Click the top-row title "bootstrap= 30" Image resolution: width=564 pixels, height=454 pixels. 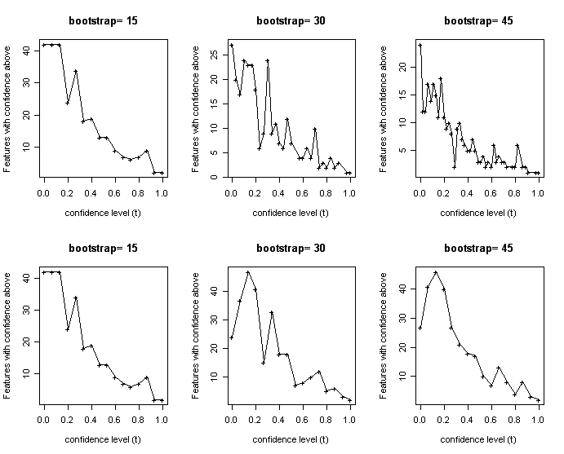[x=290, y=20]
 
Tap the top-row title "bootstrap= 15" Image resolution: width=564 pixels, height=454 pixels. [x=102, y=20]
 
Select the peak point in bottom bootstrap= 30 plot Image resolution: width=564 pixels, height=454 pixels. [x=247, y=272]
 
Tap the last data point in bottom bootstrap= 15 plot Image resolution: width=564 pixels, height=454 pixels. [x=162, y=400]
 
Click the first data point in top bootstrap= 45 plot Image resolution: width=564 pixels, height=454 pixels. [x=420, y=45]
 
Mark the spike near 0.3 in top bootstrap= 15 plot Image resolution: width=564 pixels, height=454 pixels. [x=76, y=71]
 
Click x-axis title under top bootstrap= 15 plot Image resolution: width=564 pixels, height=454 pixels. [x=102, y=213]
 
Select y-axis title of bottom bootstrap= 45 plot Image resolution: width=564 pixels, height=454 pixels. [x=384, y=334]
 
